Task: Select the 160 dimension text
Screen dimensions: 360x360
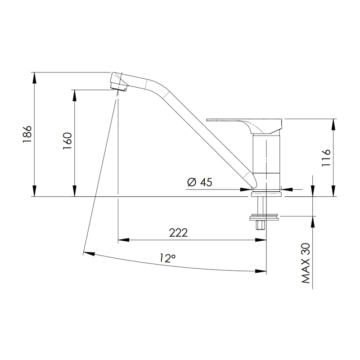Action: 67,143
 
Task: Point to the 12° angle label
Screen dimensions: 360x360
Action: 167,258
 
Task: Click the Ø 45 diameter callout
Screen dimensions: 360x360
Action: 198,182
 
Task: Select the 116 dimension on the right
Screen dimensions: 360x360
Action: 327,158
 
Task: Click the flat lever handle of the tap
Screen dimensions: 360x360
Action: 243,120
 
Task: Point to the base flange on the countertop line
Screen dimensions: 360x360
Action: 267,194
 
